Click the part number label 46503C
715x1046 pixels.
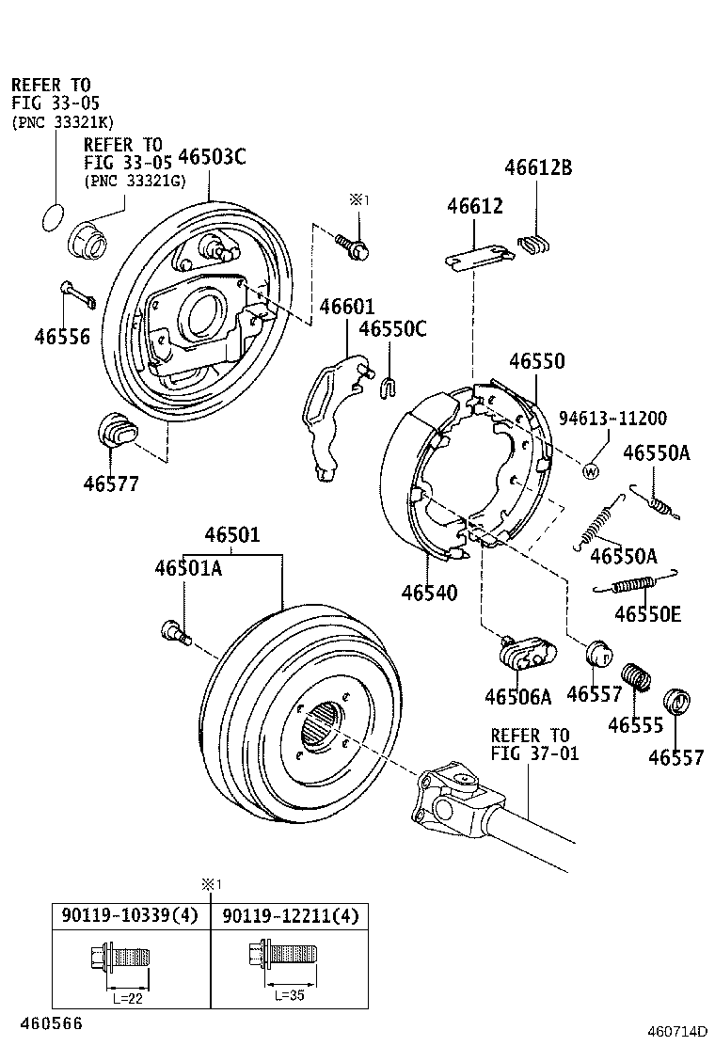pos(212,156)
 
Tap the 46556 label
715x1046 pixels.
pos(62,335)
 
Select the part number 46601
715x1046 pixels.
pos(346,307)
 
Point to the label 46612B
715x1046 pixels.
pos(538,168)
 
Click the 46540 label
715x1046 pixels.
pos(429,593)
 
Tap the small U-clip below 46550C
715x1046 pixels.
pos(388,384)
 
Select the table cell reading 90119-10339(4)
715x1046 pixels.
pos(130,915)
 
